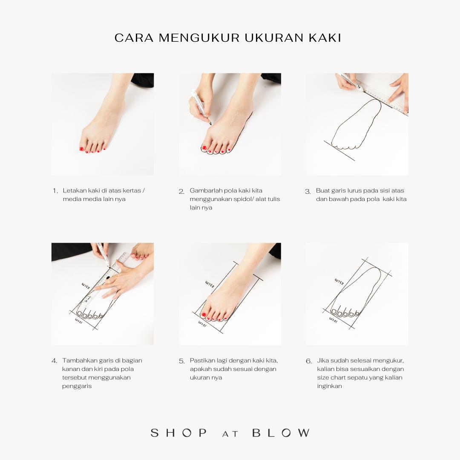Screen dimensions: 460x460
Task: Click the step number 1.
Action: click(55, 191)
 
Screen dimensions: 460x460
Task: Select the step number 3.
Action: click(308, 192)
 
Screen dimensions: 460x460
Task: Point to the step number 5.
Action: click(181, 361)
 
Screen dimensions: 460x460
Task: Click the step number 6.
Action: click(309, 361)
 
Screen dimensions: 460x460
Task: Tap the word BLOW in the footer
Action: click(281, 433)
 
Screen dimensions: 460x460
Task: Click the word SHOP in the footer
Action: click(178, 433)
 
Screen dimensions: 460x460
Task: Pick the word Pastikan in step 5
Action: click(202, 360)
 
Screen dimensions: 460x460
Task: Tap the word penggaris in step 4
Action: click(77, 386)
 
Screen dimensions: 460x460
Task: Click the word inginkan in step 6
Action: click(329, 386)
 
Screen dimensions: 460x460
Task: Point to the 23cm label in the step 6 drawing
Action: click(339, 281)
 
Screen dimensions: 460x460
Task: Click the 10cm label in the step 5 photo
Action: click(202, 324)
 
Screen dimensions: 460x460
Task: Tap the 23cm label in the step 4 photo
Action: click(86, 286)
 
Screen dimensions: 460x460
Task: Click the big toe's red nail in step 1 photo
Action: click(81, 149)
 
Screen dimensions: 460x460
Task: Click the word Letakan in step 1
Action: click(75, 190)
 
